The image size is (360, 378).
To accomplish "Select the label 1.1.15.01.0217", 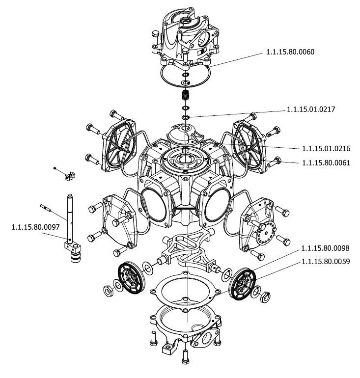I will (x=311, y=109).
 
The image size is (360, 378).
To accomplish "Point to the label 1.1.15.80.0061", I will (x=326, y=162).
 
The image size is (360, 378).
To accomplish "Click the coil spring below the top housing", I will (x=186, y=94).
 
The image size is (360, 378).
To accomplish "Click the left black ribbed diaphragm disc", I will (x=130, y=277).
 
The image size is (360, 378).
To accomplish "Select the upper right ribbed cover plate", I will (x=249, y=145).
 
